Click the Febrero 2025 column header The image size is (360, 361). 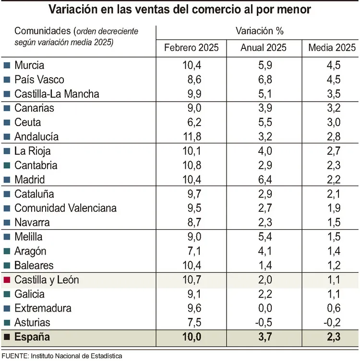point(191,48)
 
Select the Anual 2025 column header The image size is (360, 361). point(264,48)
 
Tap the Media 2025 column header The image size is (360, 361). point(332,48)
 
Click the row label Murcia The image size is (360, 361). point(29,65)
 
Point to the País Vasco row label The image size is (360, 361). point(39,80)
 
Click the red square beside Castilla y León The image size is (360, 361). point(7,280)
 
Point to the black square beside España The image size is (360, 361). point(7,338)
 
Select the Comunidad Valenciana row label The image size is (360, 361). point(65,209)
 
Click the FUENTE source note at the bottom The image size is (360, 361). point(61,356)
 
